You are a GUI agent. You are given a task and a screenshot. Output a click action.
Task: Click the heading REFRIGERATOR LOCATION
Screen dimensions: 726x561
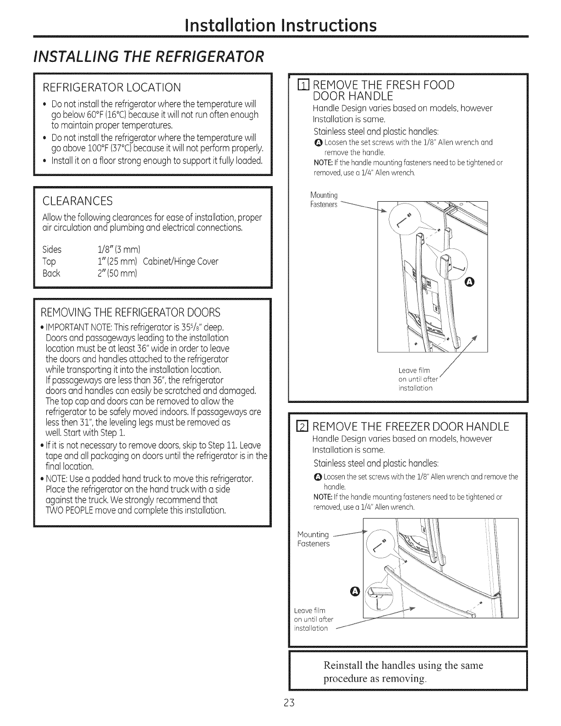[x=111, y=87]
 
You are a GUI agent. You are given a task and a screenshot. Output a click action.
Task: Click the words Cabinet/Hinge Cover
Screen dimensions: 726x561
[x=181, y=261]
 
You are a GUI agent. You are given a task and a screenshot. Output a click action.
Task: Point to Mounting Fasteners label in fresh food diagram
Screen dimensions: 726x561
[x=324, y=201]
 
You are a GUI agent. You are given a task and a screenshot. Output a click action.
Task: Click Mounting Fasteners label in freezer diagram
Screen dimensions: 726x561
[x=313, y=539]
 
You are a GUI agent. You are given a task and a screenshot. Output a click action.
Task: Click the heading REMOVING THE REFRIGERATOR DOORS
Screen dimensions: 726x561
[x=130, y=313]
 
